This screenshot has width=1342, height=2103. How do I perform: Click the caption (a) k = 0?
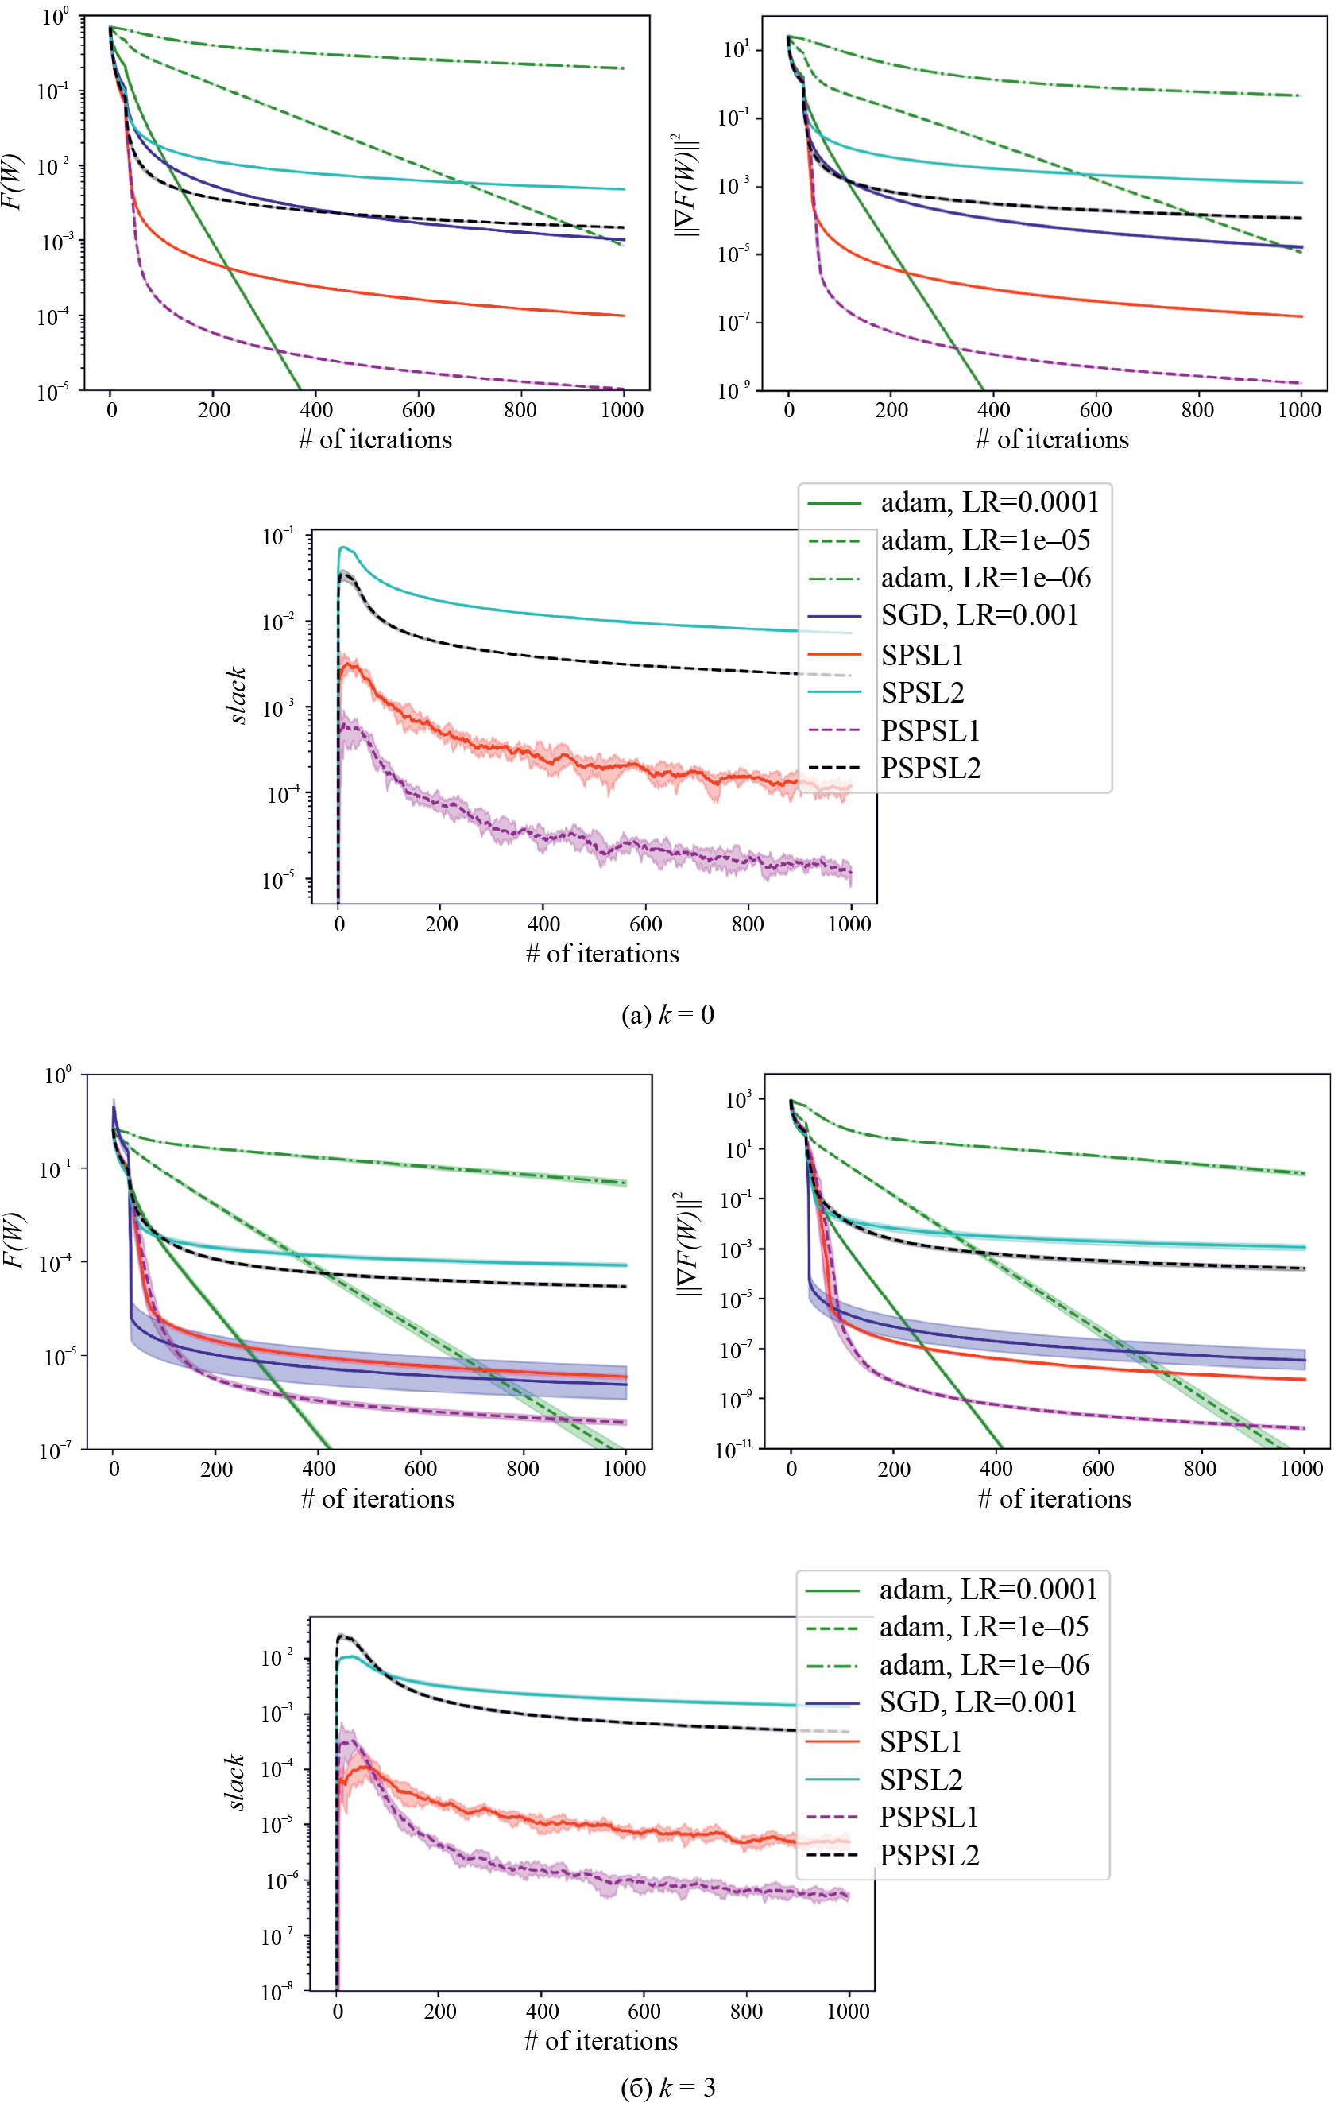click(x=667, y=1014)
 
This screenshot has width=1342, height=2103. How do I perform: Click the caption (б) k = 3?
click(x=667, y=2087)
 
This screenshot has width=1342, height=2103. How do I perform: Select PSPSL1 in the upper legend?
click(x=930, y=730)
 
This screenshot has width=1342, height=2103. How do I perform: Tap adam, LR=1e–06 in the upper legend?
click(x=985, y=578)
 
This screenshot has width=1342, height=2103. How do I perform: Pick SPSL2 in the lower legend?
click(x=920, y=1779)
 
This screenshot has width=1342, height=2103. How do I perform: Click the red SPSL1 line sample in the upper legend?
click(x=833, y=653)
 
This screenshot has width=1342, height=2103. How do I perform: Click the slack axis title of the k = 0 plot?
click(x=237, y=695)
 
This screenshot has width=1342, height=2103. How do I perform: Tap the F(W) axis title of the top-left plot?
click(x=11, y=182)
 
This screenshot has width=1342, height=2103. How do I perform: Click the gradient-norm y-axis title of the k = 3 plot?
click(x=689, y=1244)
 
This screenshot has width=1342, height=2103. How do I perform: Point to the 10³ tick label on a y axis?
click(x=739, y=1099)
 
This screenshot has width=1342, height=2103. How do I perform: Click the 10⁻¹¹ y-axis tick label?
click(x=733, y=1450)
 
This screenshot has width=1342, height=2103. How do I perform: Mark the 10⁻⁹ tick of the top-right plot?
click(x=733, y=391)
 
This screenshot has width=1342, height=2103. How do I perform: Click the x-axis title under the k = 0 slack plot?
click(x=601, y=953)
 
